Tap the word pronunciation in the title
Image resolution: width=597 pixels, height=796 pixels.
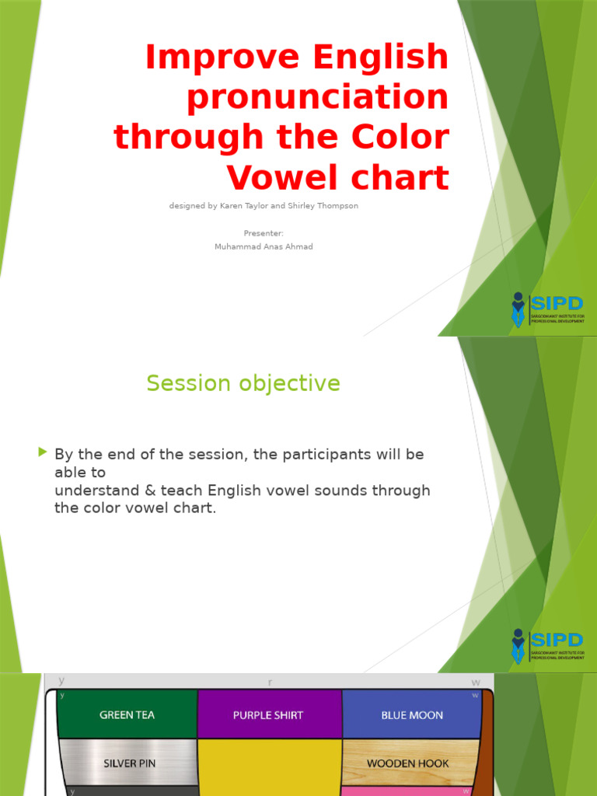coord(318,98)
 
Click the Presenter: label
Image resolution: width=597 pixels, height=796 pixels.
coord(264,233)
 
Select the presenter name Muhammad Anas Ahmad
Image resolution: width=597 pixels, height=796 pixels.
coord(264,246)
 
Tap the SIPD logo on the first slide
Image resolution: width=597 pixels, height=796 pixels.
coord(547,309)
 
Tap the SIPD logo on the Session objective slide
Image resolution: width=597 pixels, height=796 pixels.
coord(547,645)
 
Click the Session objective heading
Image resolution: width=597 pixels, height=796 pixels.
coord(243,383)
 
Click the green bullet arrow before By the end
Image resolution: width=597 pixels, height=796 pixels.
coord(42,452)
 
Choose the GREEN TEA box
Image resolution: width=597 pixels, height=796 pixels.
coord(127,714)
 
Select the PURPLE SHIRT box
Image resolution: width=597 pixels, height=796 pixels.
coord(268,714)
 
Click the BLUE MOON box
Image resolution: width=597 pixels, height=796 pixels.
coord(412,714)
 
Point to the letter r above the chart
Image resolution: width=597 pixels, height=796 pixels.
coord(270,683)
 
